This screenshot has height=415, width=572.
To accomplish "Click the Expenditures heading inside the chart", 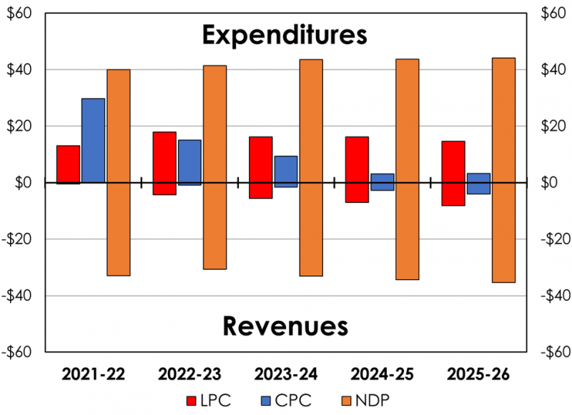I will (x=284, y=34).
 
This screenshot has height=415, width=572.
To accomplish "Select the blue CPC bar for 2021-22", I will (x=94, y=140).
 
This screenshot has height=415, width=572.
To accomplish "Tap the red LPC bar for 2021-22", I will (x=69, y=164).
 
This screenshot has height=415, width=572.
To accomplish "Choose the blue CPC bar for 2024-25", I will (x=383, y=181).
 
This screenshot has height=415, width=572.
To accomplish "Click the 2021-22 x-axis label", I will (x=92, y=373).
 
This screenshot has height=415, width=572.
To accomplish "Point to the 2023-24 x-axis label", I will (x=285, y=373).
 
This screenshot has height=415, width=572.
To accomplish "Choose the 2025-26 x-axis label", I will (x=477, y=373).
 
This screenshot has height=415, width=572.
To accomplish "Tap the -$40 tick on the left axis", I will (x=21, y=295).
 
